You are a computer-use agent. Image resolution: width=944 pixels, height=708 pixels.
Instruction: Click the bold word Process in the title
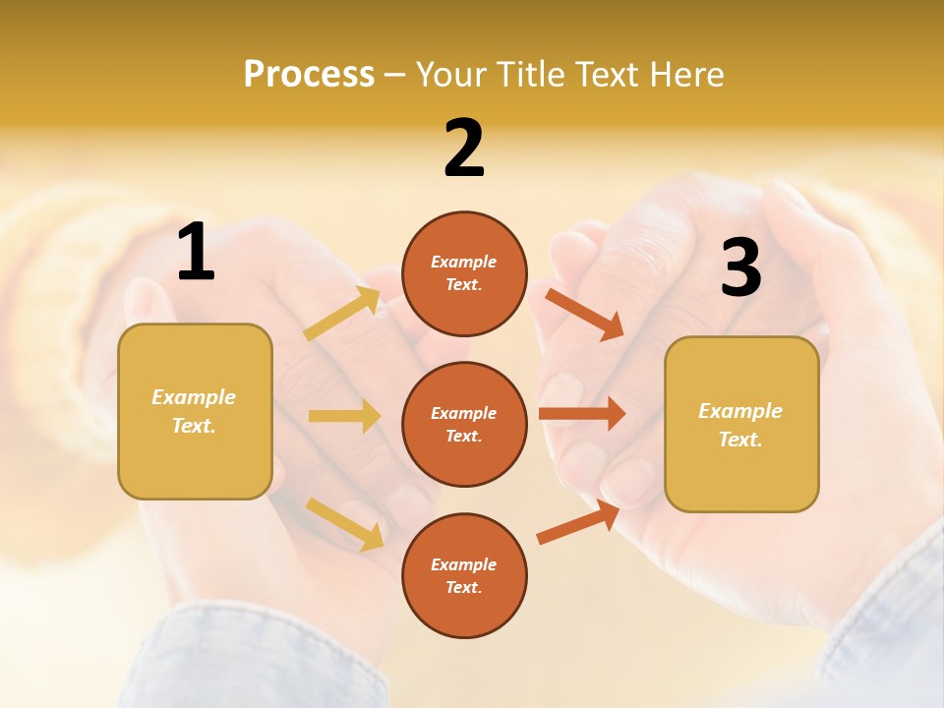(309, 75)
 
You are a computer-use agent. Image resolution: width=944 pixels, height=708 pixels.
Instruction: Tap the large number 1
(196, 253)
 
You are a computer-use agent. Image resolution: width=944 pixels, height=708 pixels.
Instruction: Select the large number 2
(464, 148)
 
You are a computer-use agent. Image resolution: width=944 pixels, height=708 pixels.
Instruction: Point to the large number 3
(740, 268)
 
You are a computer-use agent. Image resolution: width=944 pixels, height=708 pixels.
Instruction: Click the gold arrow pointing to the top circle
(343, 314)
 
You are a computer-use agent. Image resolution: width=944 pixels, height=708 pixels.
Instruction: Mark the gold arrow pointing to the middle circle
(344, 416)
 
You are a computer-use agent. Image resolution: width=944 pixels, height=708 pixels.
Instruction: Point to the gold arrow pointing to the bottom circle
(345, 522)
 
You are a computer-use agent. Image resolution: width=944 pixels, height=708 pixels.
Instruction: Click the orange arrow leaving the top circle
(585, 314)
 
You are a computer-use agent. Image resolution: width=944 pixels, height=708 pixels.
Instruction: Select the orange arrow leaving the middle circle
(581, 413)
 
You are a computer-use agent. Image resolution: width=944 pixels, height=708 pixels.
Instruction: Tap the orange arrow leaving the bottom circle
(579, 522)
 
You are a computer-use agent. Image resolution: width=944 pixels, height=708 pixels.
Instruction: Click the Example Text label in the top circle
(464, 272)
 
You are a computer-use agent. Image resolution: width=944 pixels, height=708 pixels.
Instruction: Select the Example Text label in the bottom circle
(464, 575)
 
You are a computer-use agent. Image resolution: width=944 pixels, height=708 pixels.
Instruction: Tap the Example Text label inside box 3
(740, 425)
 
